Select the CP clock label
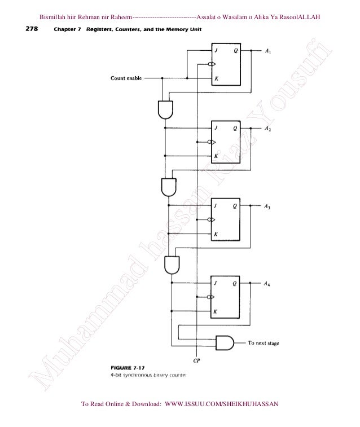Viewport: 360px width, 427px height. pos(196,359)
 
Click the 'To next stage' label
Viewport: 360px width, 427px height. pos(264,342)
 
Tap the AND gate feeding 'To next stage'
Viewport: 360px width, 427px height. pos(225,342)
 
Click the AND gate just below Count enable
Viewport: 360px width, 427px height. pos(165,108)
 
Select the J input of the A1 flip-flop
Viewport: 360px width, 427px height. pos(216,50)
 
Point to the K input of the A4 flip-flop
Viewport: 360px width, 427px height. pos(216,311)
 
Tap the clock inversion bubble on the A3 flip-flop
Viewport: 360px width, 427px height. pos(210,220)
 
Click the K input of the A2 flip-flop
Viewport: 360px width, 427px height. pos(216,156)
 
